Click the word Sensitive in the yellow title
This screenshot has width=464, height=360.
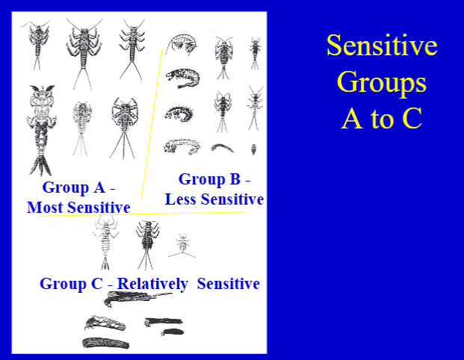pyautogui.click(x=381, y=46)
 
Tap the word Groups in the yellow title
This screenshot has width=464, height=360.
pyautogui.click(x=381, y=82)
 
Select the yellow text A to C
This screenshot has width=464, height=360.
pyautogui.click(x=381, y=118)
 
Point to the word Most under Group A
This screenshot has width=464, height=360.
pyautogui.click(x=46, y=207)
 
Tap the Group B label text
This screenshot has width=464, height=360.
pyautogui.click(x=214, y=179)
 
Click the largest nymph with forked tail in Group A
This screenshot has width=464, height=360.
pyautogui.click(x=38, y=127)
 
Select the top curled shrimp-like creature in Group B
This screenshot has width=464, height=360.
pyautogui.click(x=182, y=44)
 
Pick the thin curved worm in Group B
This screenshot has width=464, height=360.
pyautogui.click(x=222, y=148)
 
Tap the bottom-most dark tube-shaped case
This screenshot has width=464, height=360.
pyautogui.click(x=105, y=344)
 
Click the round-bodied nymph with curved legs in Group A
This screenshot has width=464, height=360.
pyautogui.click(x=123, y=121)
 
